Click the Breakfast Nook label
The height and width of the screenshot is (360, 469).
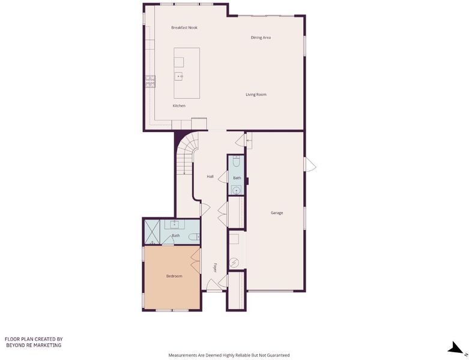184,28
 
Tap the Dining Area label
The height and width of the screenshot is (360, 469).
261,38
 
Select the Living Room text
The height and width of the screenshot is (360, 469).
256,94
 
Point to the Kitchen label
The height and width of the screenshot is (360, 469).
179,106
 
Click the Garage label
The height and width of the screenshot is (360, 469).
277,213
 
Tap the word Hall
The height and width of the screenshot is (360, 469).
210,176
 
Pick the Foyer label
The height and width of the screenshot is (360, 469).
215,268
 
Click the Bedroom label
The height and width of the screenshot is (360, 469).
174,276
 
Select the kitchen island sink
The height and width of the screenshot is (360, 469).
179,76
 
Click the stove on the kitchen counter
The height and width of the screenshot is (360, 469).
151,82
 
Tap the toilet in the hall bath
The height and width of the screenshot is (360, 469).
236,161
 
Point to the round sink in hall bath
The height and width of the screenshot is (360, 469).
236,190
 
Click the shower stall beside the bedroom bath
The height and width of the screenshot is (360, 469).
153,232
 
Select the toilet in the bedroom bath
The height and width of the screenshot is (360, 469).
195,237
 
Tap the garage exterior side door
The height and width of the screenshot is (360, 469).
310,164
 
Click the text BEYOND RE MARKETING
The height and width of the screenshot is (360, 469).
34,345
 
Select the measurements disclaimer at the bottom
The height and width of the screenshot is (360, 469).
229,355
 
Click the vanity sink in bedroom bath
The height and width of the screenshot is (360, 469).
174,224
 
